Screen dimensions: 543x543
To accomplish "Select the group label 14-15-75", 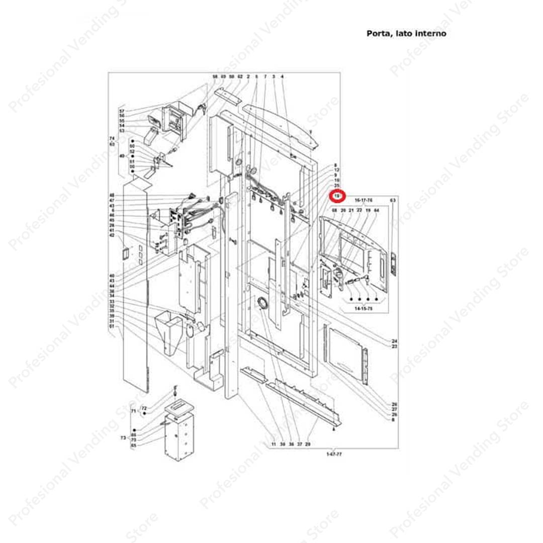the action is click(364, 307).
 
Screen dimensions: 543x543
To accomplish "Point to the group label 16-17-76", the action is click(363, 200).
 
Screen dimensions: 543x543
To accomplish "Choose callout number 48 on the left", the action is click(112, 195).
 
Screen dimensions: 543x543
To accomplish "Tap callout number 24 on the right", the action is click(395, 341).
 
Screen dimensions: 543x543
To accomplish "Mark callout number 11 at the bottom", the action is click(274, 445).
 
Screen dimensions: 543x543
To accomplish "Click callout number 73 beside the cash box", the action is click(123, 438).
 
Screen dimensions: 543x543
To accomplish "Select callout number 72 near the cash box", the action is click(144, 408).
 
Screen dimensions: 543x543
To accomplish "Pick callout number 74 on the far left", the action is click(112, 138).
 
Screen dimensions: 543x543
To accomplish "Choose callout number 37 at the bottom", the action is click(299, 445).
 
